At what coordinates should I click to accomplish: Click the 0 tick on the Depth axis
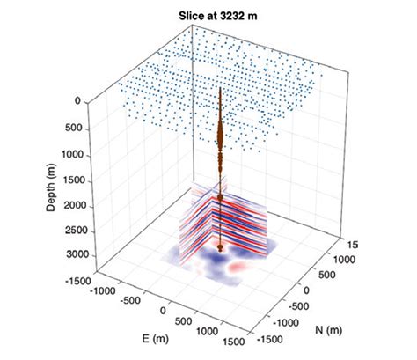[x=77, y=101]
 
